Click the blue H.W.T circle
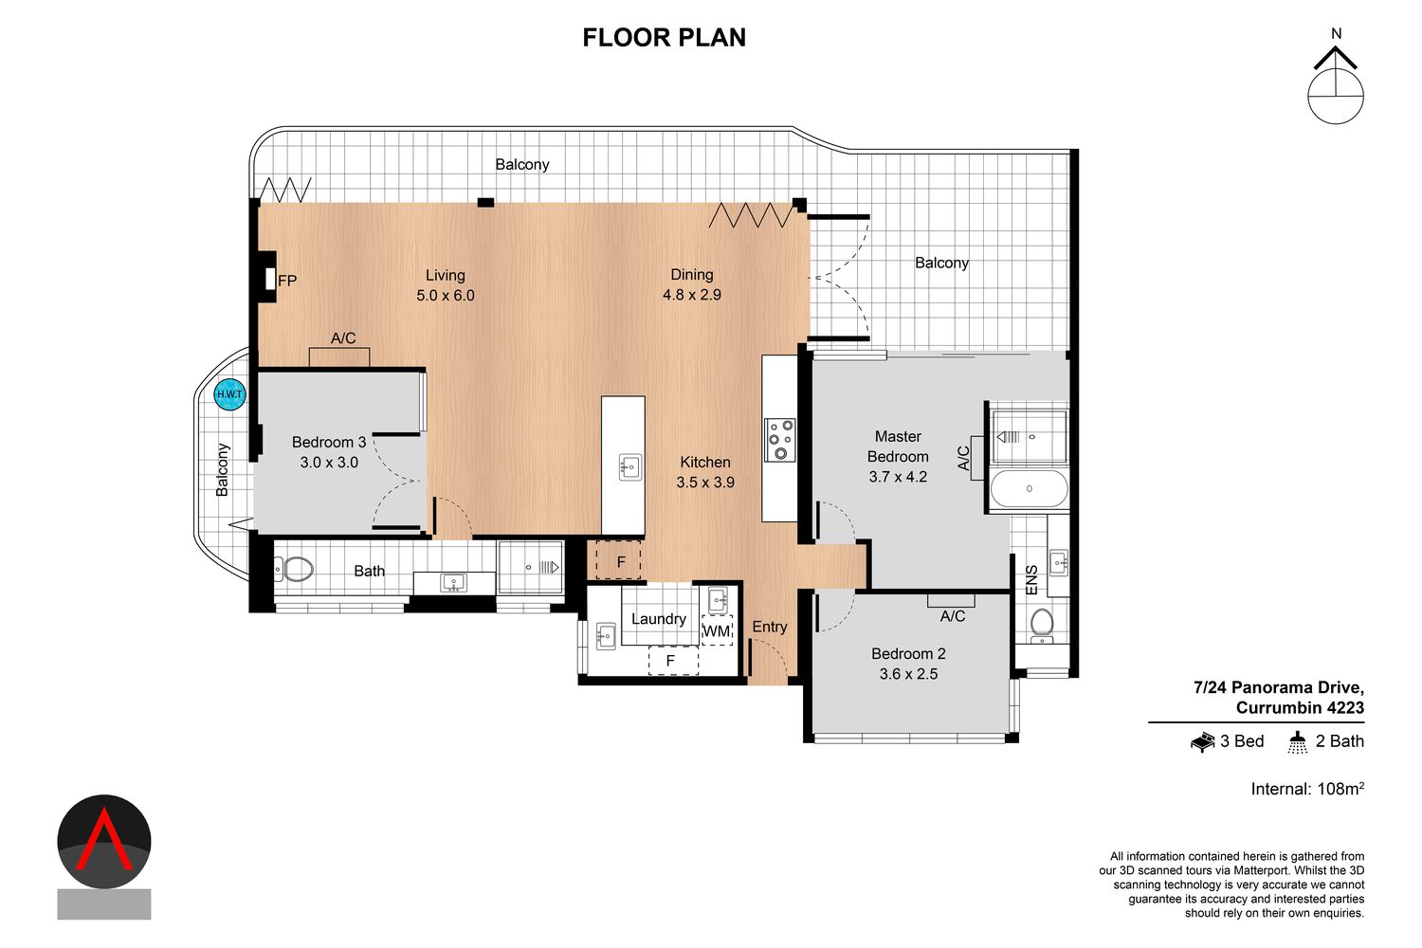coord(229,394)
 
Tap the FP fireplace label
coord(287,281)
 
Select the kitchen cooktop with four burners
coord(780,439)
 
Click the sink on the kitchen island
coord(630,467)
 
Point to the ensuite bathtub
coord(1029,488)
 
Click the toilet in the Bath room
coord(294,569)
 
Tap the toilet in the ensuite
coord(1042,626)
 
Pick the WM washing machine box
coord(718,630)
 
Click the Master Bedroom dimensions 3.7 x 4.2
coord(898,477)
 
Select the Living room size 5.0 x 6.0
coord(445,295)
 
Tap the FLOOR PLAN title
coord(664,38)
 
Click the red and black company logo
coord(104,857)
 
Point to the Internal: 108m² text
coord(1307,788)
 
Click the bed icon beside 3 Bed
coord(1202,741)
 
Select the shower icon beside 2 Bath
coord(1298,742)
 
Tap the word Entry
coord(770,627)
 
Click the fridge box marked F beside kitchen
coord(618,560)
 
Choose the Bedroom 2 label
coord(908,653)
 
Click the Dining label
coord(692,274)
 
